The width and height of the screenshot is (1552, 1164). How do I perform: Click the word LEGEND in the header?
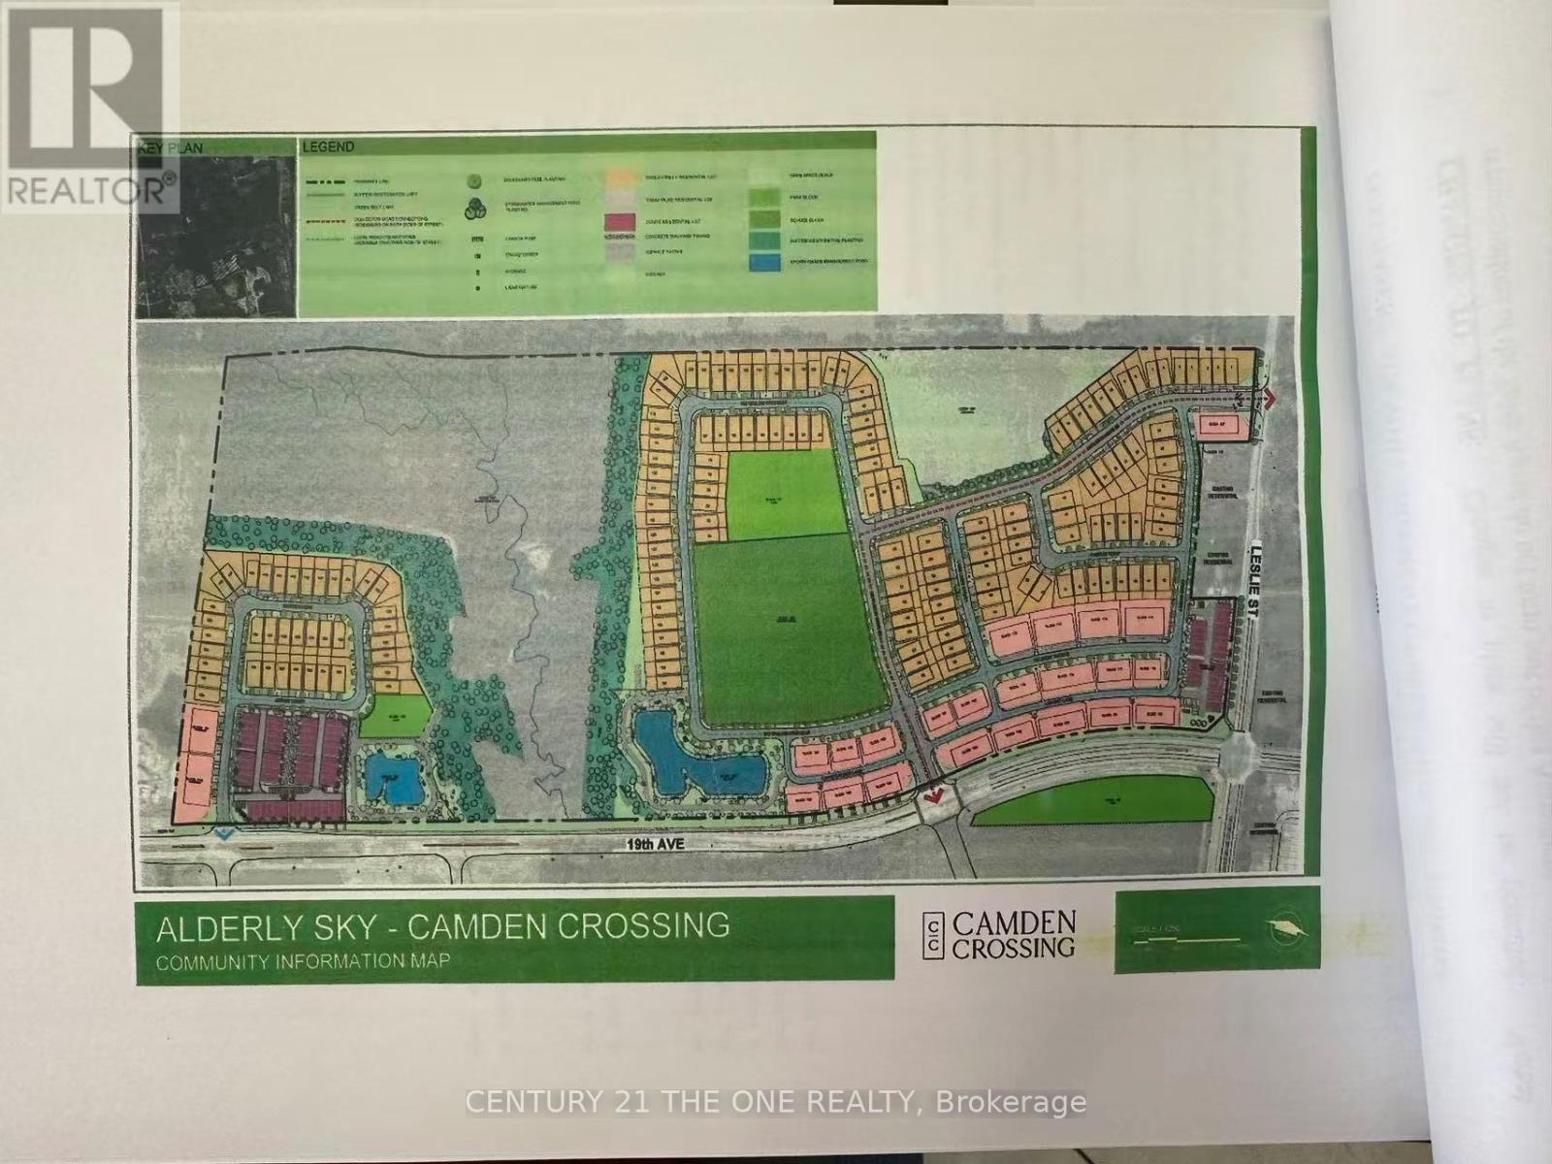[x=329, y=147]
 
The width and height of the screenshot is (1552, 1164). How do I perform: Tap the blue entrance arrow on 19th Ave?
[x=223, y=833]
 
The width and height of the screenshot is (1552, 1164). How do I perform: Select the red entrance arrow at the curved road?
[x=934, y=794]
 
